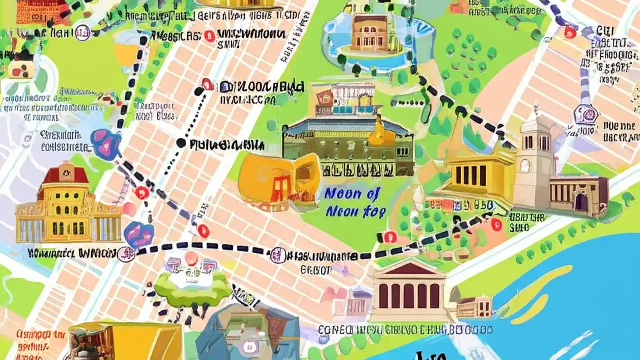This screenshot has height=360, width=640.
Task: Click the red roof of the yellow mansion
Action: click(x=66, y=174)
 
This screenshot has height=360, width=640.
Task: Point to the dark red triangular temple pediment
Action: click(x=409, y=270)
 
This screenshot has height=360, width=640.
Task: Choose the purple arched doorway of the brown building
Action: click(x=581, y=202)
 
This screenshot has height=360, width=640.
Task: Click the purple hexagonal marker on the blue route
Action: click(x=586, y=114)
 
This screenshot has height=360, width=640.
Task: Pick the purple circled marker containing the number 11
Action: click(x=83, y=34)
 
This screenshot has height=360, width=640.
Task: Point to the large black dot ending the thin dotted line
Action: click(x=181, y=143)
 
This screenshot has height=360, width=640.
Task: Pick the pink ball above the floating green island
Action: click(x=191, y=258)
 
